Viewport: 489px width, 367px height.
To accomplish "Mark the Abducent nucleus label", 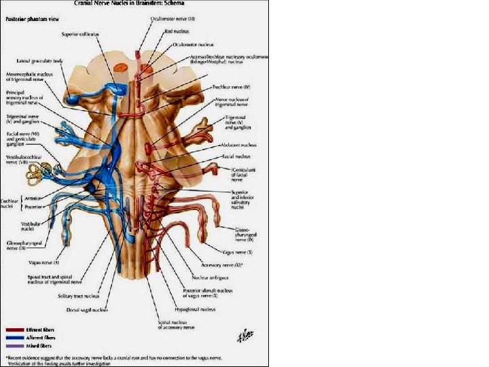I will [238, 145].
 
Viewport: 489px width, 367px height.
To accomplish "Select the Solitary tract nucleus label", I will [77, 296].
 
